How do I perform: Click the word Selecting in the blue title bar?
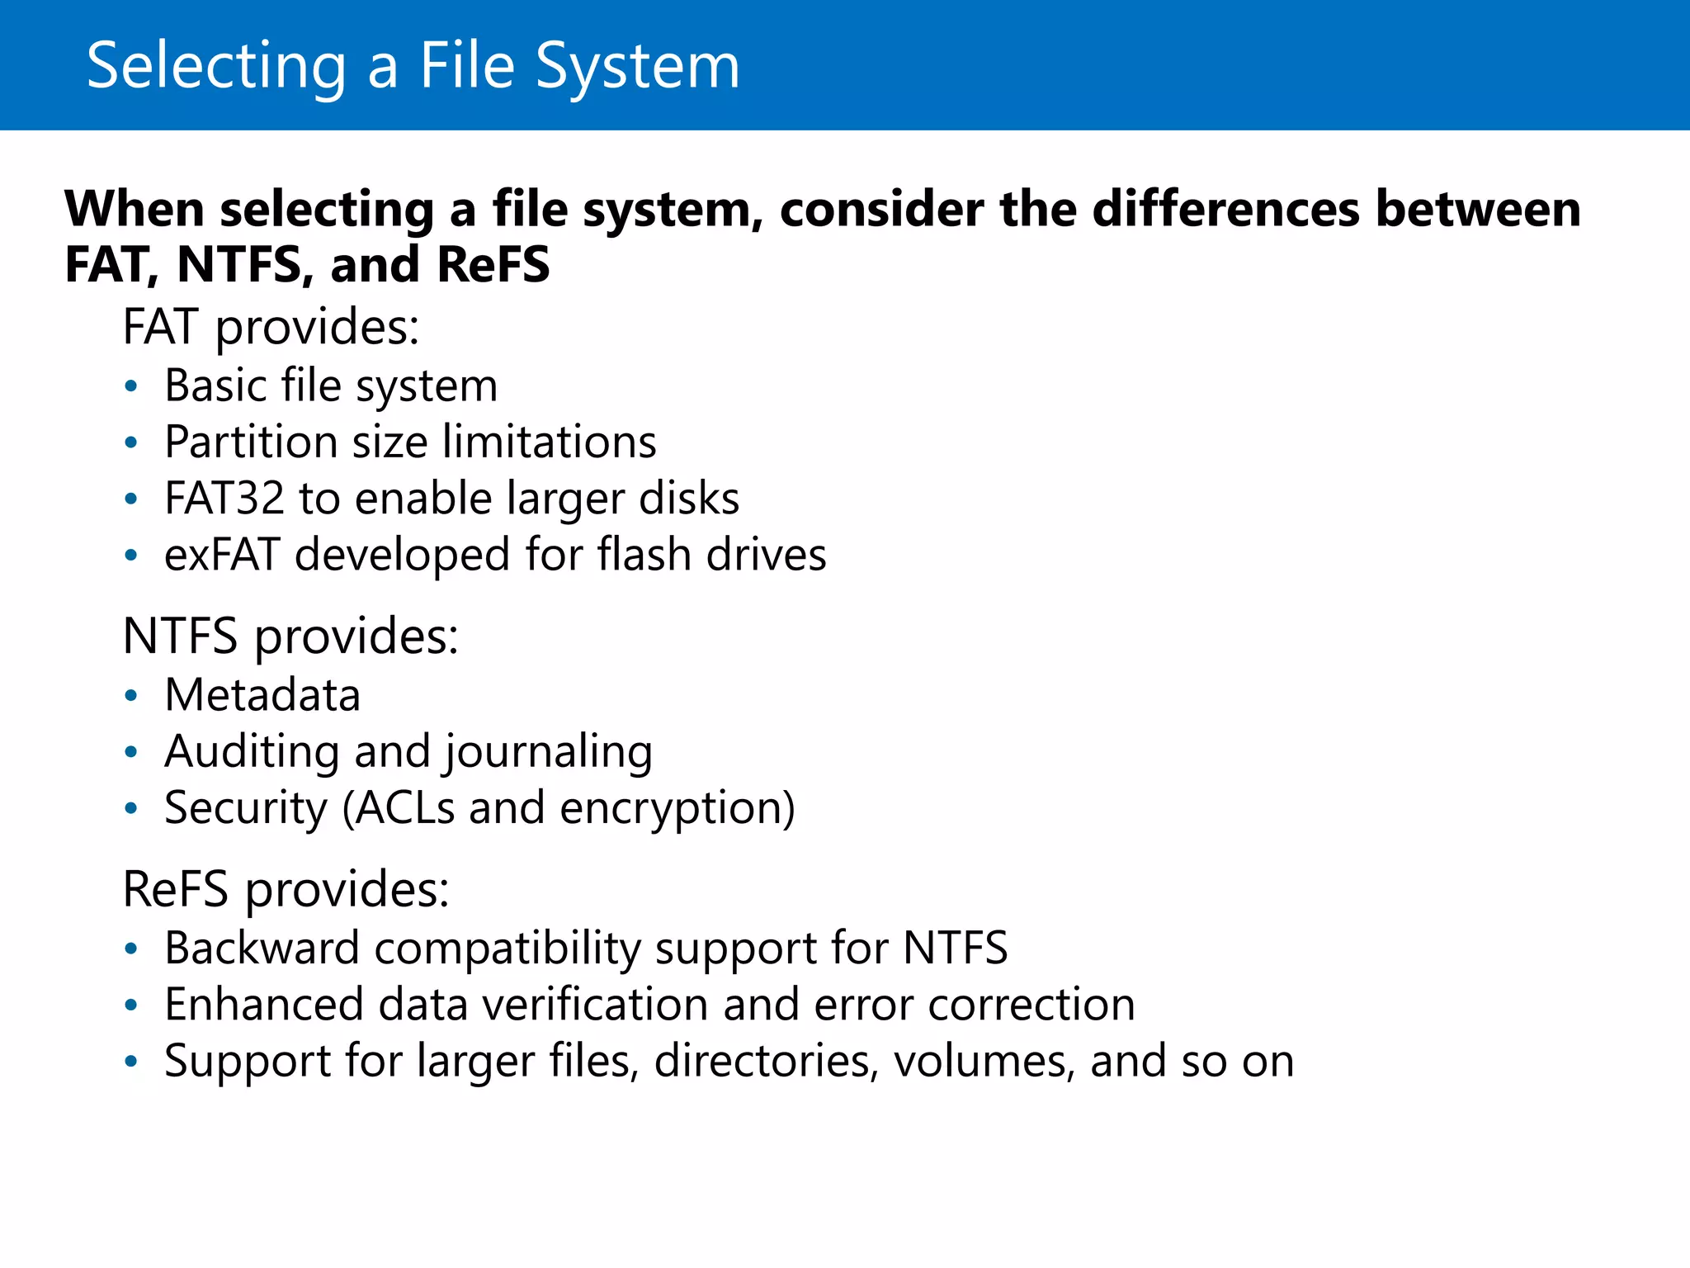point(216,66)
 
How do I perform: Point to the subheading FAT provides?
point(271,326)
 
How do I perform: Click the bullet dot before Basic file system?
point(130,386)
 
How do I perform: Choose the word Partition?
point(251,442)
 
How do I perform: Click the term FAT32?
point(224,498)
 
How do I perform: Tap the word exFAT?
point(222,554)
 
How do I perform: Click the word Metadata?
point(262,694)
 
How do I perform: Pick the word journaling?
point(549,752)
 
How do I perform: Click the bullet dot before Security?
point(130,808)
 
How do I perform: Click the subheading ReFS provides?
point(286,889)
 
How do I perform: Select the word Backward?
point(262,948)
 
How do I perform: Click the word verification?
point(595,1005)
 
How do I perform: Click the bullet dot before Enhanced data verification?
point(130,1005)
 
